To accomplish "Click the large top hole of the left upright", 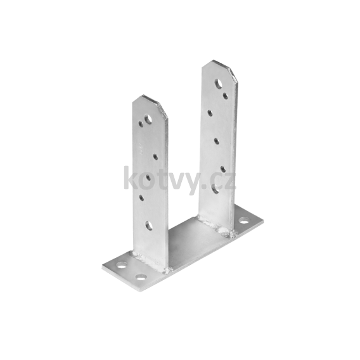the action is pyautogui.click(x=148, y=119).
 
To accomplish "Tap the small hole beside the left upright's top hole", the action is pyautogui.click(x=141, y=124).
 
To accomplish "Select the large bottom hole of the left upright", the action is pyautogui.click(x=149, y=226).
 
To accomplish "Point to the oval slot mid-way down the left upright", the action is pyautogui.click(x=148, y=177).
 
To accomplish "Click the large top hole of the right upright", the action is pyautogui.click(x=219, y=84).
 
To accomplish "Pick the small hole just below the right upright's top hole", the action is pyautogui.click(x=226, y=95).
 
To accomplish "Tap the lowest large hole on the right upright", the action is pyautogui.click(x=215, y=190).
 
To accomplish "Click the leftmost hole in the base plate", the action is pyautogui.click(x=122, y=266).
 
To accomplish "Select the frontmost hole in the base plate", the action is pyautogui.click(x=141, y=277).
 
